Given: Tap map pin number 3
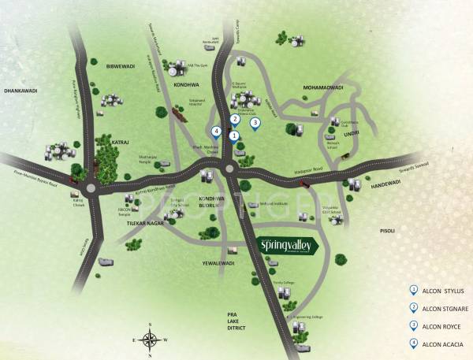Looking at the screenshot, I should click(x=255, y=122).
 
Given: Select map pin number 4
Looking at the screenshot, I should click(x=216, y=132).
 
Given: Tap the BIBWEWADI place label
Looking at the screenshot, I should click(x=107, y=66).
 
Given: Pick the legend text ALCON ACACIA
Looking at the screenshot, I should click(x=445, y=342).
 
